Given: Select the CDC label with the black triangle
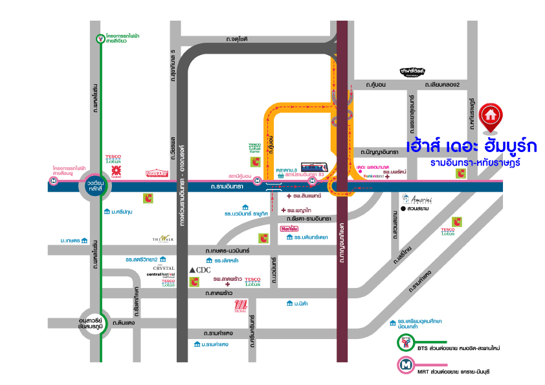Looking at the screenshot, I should point(199,269).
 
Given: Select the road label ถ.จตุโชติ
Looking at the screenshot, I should point(238,39).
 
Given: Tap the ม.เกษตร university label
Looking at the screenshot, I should point(71,240).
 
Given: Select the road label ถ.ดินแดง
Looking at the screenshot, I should point(123,322).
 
